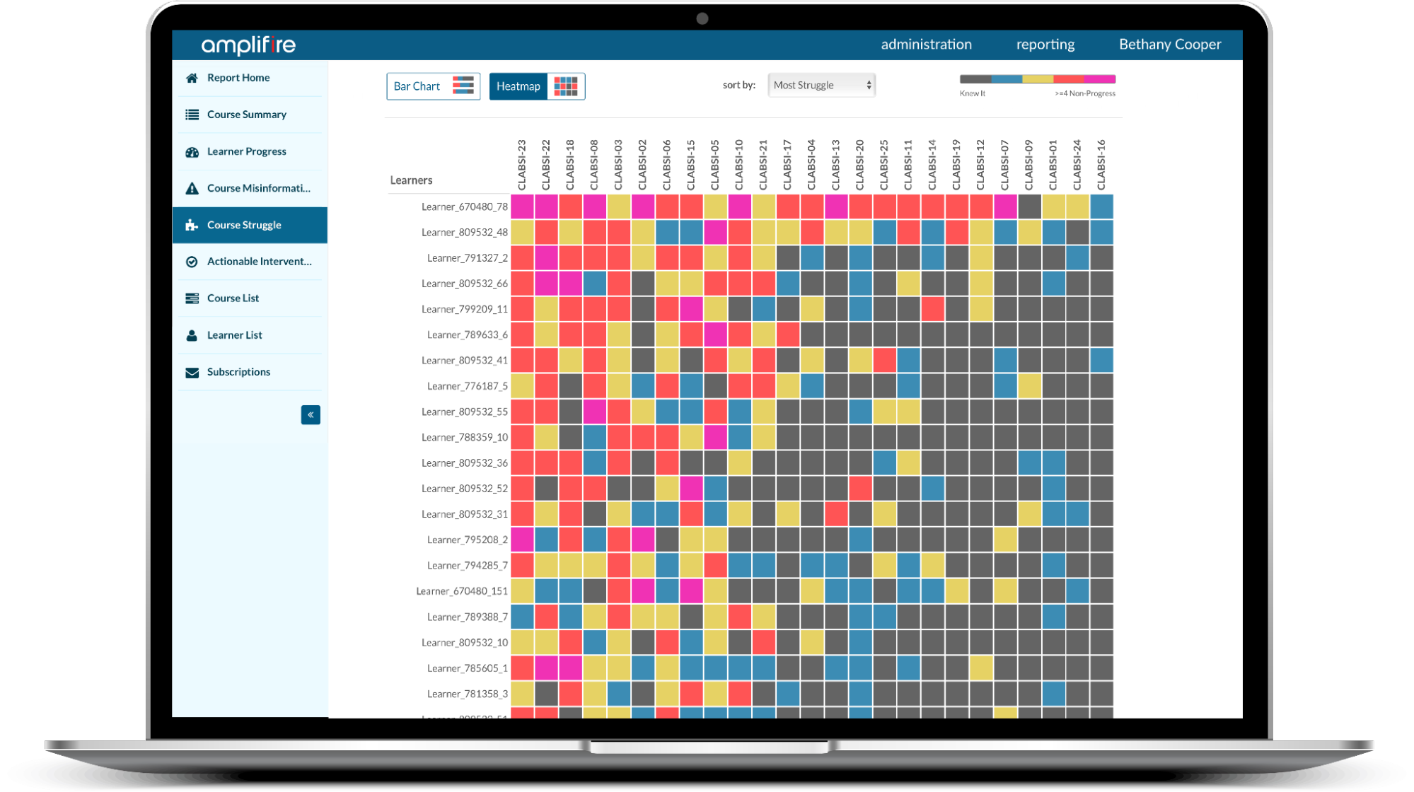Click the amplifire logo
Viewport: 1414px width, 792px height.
248,45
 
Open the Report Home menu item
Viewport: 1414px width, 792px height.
238,78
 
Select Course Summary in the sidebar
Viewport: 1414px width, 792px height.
246,115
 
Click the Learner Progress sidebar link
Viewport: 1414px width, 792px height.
246,151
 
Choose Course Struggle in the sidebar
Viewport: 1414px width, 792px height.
244,225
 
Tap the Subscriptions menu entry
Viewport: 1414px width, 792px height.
238,372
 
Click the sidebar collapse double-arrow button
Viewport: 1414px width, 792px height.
311,415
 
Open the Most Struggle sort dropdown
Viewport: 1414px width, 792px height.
821,86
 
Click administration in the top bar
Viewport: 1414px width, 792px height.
926,45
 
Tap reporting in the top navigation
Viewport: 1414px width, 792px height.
1045,45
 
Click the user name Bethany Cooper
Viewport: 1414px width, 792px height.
1169,45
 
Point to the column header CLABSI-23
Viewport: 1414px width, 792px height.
522,165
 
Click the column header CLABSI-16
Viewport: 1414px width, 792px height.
1101,165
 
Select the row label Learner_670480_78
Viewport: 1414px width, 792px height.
464,206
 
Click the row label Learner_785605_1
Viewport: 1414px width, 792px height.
467,668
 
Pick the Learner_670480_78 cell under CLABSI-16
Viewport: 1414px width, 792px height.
1101,206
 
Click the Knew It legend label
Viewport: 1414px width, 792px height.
972,93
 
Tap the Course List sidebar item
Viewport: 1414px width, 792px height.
233,298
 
